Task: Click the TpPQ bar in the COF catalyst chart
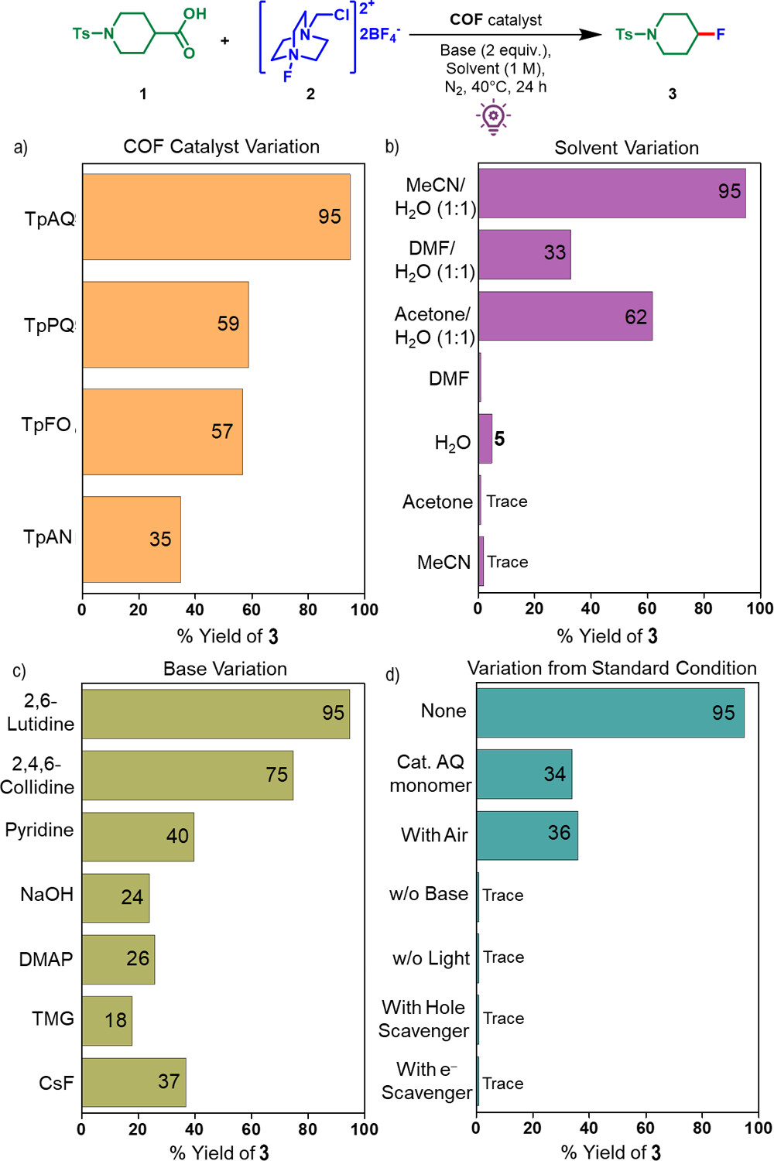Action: tap(166, 324)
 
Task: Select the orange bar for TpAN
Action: tap(132, 539)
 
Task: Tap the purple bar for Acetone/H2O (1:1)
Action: tap(565, 316)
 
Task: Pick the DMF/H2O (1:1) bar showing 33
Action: tap(524, 254)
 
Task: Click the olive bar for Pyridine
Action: tap(138, 837)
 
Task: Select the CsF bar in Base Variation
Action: tap(134, 1082)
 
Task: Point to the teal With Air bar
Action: tap(526, 835)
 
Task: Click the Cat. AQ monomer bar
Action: tap(524, 774)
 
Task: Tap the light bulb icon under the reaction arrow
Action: tap(493, 117)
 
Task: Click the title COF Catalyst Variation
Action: tap(221, 146)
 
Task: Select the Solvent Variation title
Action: tap(626, 148)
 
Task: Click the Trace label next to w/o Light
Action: tap(503, 957)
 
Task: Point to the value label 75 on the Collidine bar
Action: tap(276, 775)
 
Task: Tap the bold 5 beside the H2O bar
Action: tap(499, 439)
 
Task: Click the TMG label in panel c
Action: tap(53, 1019)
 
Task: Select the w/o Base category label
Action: tap(429, 894)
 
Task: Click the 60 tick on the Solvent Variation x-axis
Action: tap(646, 608)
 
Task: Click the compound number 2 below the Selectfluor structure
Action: tap(310, 94)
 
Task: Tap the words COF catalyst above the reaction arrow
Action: tap(495, 19)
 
